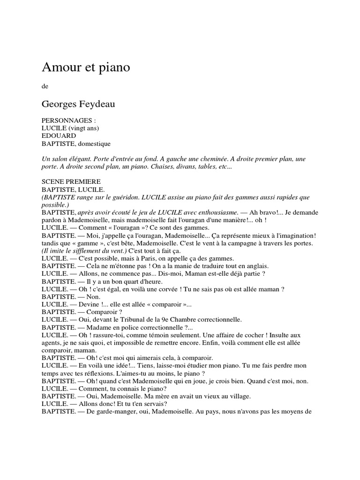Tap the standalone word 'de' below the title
tap(45, 86)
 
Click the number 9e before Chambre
tap(166, 320)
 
